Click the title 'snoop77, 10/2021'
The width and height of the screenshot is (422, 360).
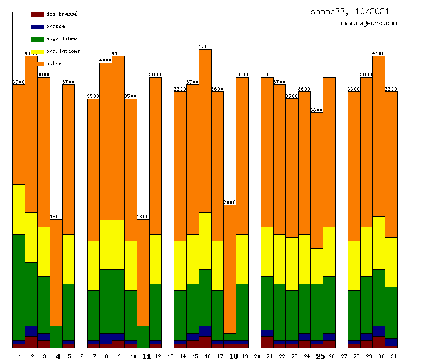pyautogui.click(x=350, y=12)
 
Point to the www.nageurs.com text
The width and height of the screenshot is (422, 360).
pyautogui.click(x=369, y=24)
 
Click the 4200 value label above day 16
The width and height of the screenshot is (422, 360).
pyautogui.click(x=205, y=47)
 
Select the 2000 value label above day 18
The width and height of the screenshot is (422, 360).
pyautogui.click(x=230, y=202)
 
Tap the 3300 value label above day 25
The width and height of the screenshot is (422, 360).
pyautogui.click(x=316, y=110)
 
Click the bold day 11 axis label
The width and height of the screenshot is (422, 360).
pyautogui.click(x=146, y=356)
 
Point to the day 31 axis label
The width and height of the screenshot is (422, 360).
pyautogui.click(x=393, y=356)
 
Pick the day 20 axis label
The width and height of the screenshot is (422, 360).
pyautogui.click(x=257, y=356)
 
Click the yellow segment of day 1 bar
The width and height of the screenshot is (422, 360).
pyautogui.click(x=19, y=209)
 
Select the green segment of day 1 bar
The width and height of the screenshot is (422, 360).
pyautogui.click(x=19, y=287)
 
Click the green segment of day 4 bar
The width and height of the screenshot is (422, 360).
pyautogui.click(x=56, y=336)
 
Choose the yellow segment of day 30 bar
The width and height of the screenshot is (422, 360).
pyautogui.click(x=379, y=243)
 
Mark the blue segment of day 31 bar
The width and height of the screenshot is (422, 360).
pyautogui.click(x=391, y=343)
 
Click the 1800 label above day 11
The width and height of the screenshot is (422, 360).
pyautogui.click(x=143, y=217)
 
